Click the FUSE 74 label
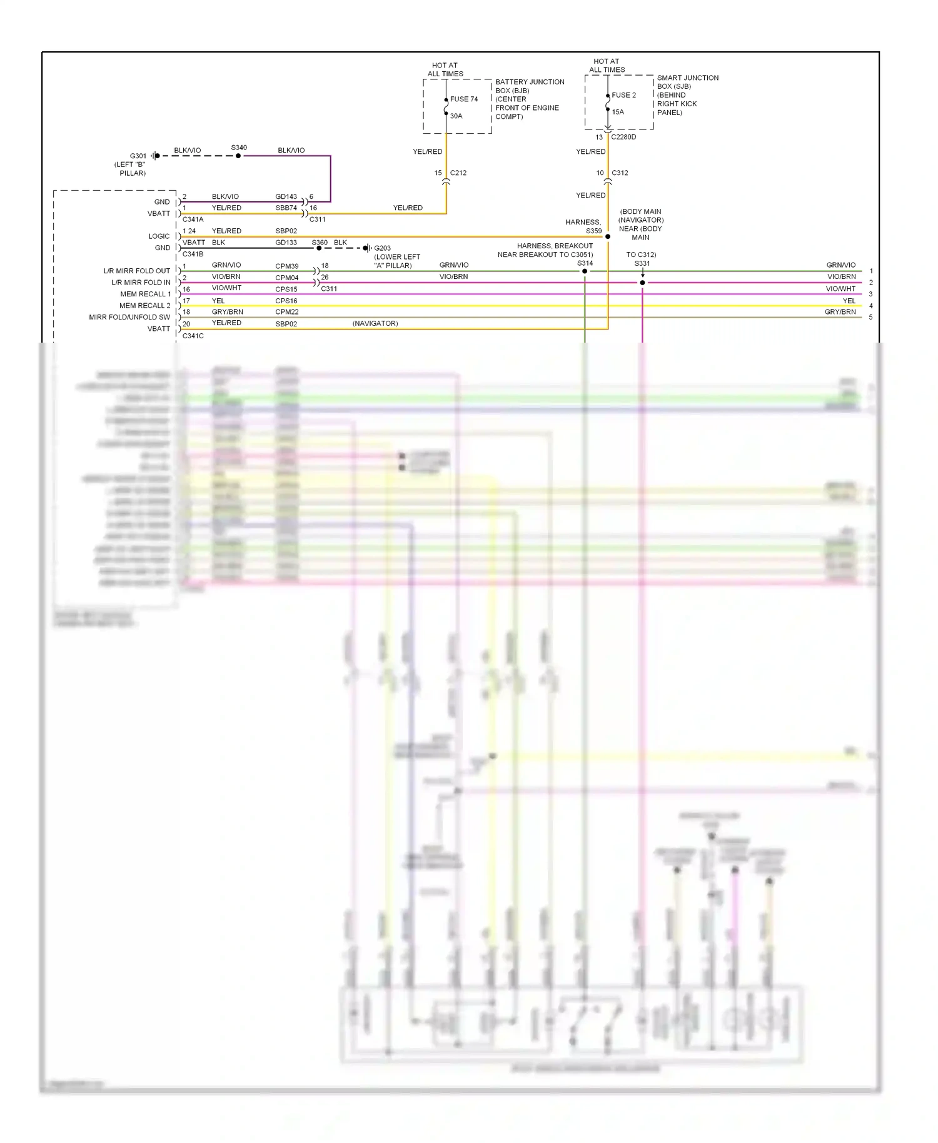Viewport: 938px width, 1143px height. coord(463,99)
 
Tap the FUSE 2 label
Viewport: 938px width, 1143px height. coord(623,95)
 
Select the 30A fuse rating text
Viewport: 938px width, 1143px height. coord(456,116)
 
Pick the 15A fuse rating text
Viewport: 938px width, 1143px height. coord(618,113)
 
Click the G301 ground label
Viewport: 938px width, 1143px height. coord(138,156)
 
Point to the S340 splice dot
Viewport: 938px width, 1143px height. coord(238,156)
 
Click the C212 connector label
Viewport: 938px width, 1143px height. coord(458,173)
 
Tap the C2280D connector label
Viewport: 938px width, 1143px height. coord(623,138)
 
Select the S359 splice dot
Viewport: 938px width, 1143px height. coord(608,237)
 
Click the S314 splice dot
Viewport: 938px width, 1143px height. coord(585,271)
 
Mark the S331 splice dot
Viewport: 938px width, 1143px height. coord(642,283)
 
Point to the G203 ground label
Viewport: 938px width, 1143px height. coord(382,248)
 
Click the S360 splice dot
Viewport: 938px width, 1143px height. coord(319,248)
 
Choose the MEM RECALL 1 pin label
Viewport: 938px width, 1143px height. coord(145,295)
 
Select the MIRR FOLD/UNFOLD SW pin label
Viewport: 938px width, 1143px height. coord(129,318)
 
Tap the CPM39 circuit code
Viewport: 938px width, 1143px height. coord(286,266)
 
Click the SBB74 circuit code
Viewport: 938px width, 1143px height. coord(286,208)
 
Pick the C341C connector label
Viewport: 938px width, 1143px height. coord(193,336)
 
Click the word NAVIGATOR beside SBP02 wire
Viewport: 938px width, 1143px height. coord(375,324)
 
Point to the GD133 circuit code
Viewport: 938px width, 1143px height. coord(286,243)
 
